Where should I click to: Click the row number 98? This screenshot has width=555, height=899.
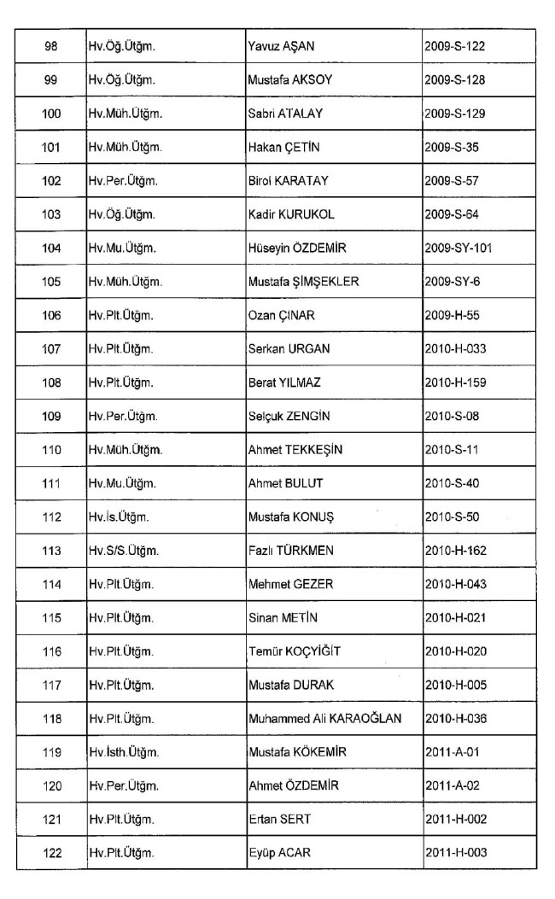click(51, 46)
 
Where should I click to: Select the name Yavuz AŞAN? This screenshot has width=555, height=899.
click(280, 46)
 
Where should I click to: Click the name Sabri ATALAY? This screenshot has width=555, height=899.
click(283, 113)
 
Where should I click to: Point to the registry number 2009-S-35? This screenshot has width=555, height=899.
click(452, 147)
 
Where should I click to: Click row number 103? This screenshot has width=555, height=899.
click(51, 214)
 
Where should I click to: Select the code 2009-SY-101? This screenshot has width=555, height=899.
click(459, 248)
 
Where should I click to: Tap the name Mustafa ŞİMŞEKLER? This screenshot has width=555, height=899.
click(303, 281)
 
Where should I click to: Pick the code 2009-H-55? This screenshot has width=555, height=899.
click(452, 315)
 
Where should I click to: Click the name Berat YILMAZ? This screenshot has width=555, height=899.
click(285, 382)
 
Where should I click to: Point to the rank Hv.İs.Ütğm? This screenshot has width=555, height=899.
click(118, 517)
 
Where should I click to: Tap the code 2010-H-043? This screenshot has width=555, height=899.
click(457, 584)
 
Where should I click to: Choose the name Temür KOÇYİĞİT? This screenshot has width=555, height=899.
click(295, 651)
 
